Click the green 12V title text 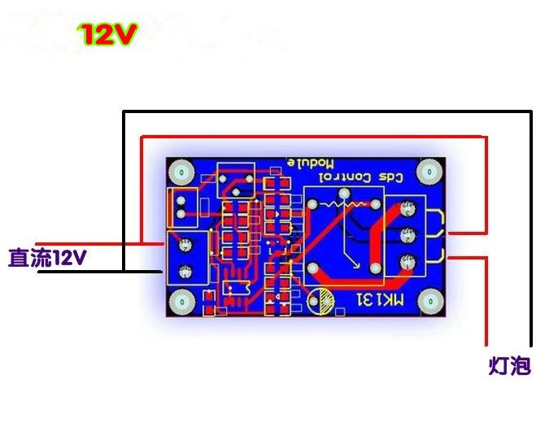coord(108,34)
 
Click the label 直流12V coord(46,259)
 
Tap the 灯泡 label coord(510,367)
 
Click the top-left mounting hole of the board coord(181,172)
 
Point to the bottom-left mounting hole coord(181,303)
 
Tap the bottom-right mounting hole coord(429,303)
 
